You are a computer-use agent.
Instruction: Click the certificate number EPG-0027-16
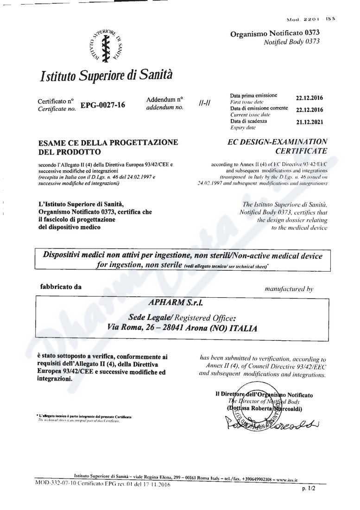tap(102, 105)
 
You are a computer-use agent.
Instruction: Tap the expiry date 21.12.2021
tap(309, 122)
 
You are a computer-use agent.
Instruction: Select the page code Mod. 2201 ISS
tap(310, 19)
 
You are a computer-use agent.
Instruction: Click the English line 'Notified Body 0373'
tap(291, 42)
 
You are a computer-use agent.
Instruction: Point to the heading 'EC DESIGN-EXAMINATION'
tap(278, 142)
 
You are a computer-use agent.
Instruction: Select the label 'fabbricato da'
tap(61, 287)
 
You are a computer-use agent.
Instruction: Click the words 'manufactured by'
tap(289, 288)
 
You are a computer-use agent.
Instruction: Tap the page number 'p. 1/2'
tap(308, 489)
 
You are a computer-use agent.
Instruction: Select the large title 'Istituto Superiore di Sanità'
tap(106, 75)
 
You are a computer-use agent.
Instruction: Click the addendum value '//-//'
tap(204, 103)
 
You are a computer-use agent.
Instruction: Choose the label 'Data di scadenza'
tap(248, 121)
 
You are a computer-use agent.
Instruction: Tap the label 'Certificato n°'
tap(56, 101)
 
